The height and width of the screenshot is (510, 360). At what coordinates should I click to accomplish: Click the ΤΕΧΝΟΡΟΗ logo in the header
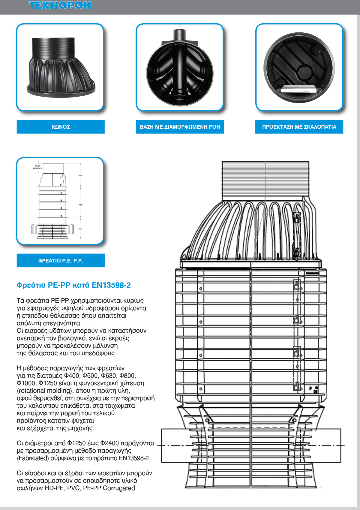click(60, 5)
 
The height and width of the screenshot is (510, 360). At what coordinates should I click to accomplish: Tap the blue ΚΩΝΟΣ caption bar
click(61, 127)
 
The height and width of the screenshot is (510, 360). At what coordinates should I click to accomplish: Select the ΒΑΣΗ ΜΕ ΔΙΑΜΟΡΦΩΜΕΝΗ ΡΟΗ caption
click(180, 127)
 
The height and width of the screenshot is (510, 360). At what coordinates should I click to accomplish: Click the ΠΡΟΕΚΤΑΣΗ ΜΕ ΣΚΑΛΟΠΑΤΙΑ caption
click(299, 127)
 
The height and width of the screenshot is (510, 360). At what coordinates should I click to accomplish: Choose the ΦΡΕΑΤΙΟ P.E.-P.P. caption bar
click(61, 261)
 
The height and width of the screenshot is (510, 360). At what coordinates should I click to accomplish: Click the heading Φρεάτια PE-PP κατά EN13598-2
click(74, 285)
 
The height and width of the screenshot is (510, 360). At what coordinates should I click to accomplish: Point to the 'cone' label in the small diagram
click(80, 175)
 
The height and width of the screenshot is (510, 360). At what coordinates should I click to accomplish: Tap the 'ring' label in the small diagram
click(80, 205)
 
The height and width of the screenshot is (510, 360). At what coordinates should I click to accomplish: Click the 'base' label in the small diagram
click(80, 229)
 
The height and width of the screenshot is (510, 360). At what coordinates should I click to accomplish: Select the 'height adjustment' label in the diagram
click(38, 167)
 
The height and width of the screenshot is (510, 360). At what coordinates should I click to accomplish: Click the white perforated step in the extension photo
click(299, 89)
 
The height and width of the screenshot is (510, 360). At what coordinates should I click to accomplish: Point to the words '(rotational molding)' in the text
click(44, 391)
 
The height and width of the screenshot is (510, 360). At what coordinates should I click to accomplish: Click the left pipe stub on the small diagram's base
click(34, 229)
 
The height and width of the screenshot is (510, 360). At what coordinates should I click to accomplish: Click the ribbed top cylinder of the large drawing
click(265, 180)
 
